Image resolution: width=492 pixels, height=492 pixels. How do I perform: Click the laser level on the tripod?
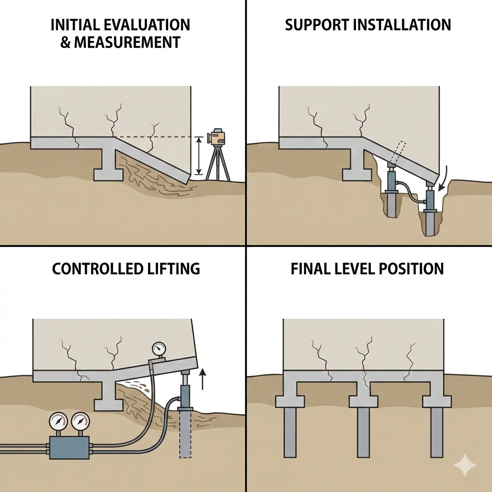point(218,137)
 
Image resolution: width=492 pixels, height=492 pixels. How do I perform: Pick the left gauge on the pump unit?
point(58,421)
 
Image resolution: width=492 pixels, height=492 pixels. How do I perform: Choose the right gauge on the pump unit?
point(80,421)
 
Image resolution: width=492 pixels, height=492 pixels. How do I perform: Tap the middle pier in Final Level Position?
point(363,432)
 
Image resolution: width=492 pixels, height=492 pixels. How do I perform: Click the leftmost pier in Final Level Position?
point(289,432)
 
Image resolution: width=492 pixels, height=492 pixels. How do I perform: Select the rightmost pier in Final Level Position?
point(437,432)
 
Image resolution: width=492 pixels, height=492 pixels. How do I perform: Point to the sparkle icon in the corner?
point(465,466)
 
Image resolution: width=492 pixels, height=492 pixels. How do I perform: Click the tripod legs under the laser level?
point(218,163)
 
